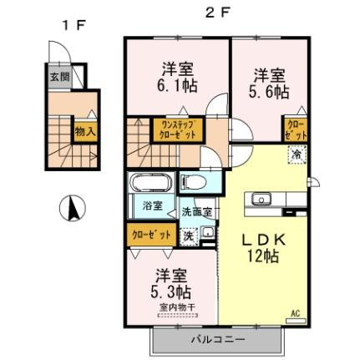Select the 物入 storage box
click(x=85, y=131)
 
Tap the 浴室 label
click(x=151, y=205)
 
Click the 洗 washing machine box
click(x=190, y=235)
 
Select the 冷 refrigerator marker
click(x=297, y=154)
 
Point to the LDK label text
click(x=264, y=239)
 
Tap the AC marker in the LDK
click(x=294, y=314)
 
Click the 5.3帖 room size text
click(x=173, y=292)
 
